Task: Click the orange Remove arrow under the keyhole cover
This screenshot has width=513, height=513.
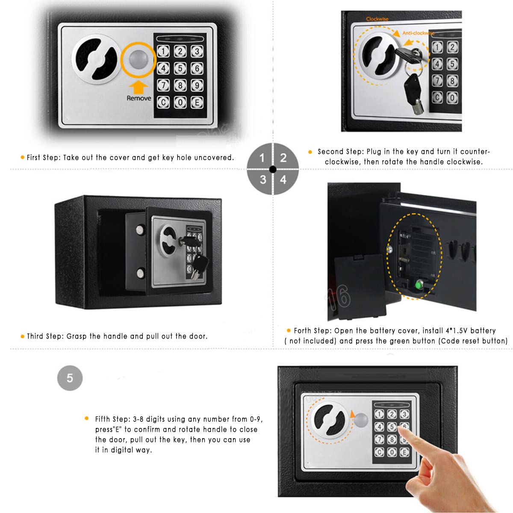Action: point(139,87)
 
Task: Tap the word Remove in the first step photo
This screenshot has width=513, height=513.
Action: point(139,98)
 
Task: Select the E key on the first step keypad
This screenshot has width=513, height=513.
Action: point(197,103)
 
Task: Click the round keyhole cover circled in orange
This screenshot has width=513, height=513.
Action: point(139,59)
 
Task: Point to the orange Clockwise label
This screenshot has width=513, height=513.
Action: point(377,19)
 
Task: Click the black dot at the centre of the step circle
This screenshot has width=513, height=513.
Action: point(273,169)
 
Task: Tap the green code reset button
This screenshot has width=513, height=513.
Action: point(419,285)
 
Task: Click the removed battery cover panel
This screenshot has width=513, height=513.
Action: point(360,286)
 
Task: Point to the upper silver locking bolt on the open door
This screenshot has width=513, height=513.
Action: point(140,230)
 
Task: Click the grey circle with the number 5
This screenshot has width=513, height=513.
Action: point(70,378)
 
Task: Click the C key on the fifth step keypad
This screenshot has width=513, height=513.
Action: point(379,452)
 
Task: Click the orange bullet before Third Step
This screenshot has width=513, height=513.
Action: point(22,336)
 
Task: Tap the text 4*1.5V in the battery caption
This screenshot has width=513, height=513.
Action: point(457,331)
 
